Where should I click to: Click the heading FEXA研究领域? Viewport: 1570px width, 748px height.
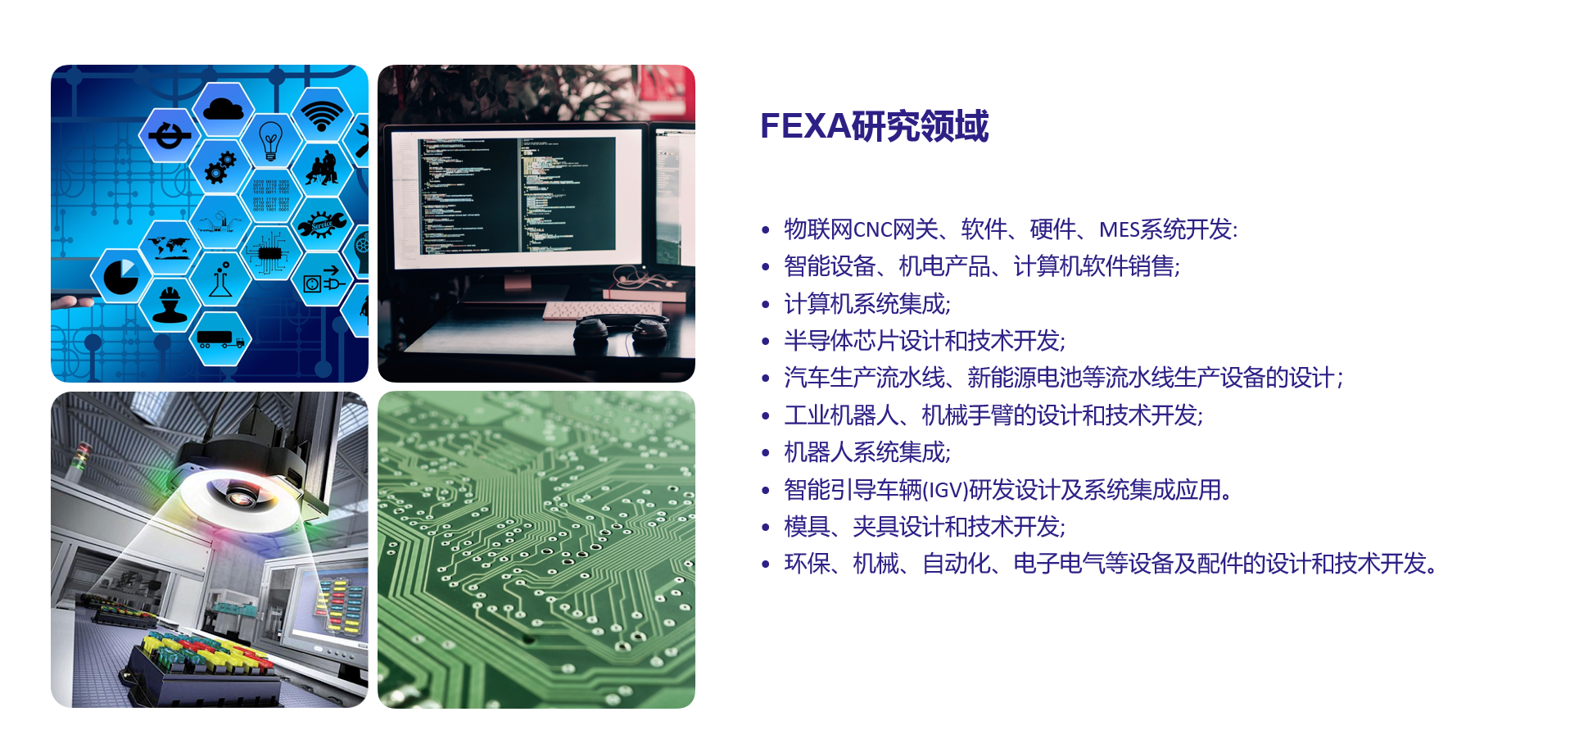[x=874, y=126]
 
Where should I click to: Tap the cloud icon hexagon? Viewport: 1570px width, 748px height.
[x=223, y=108]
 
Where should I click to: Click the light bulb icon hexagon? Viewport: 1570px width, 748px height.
[x=270, y=140]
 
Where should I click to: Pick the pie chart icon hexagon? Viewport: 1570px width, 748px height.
[x=121, y=276]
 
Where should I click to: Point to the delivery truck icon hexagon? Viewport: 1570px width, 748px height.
[x=220, y=337]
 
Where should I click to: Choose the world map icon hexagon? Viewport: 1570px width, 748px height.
[x=170, y=247]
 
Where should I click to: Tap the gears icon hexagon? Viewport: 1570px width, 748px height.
[x=220, y=166]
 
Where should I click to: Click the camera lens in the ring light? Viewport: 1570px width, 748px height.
[x=240, y=495]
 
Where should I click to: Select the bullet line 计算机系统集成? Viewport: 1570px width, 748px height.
[x=867, y=304]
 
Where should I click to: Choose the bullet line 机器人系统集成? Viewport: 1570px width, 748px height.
[x=867, y=452]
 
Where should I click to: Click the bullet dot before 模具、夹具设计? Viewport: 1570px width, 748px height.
[x=766, y=527]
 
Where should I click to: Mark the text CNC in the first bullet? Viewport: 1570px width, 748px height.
[x=872, y=229]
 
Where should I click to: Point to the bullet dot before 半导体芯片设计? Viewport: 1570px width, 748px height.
[x=766, y=341]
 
